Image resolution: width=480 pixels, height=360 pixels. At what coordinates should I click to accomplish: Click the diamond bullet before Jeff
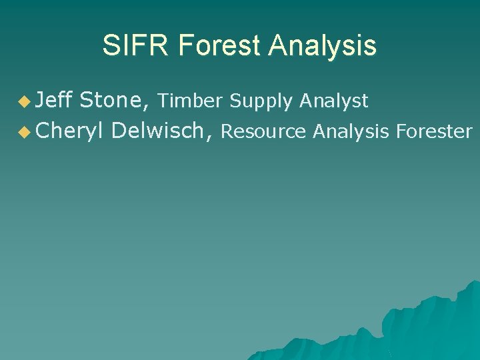[x=25, y=102]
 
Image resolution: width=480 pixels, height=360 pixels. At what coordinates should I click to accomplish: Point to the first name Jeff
[x=54, y=101]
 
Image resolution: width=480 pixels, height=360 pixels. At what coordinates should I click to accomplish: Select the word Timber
[x=191, y=101]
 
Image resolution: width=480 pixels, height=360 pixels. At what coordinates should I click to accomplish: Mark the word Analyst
[x=333, y=101]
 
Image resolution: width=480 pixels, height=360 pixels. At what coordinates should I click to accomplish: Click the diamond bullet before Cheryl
[x=25, y=133]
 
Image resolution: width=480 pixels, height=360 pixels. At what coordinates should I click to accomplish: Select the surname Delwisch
[x=159, y=131]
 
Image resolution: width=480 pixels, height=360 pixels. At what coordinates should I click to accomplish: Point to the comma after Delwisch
[x=211, y=137]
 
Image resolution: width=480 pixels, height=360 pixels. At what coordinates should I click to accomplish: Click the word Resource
[x=263, y=132]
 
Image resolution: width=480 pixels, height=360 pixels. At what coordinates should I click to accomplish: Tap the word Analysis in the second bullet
[x=351, y=132]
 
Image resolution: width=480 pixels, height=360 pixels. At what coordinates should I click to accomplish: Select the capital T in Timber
[x=163, y=101]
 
